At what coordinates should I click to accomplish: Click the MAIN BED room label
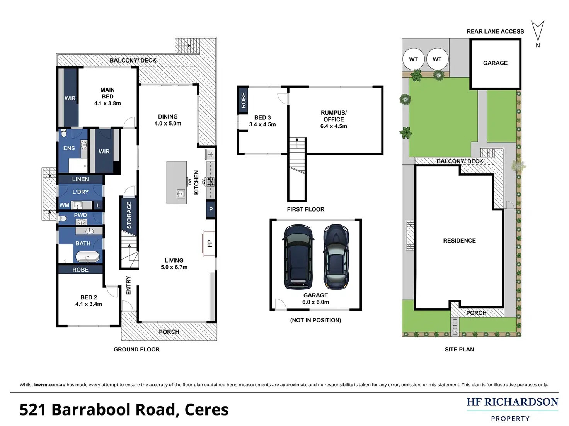point(107,93)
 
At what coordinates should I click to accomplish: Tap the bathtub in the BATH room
point(87,257)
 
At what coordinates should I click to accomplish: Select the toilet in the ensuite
point(63,134)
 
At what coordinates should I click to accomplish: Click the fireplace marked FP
point(209,243)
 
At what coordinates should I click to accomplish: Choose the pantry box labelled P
point(211,209)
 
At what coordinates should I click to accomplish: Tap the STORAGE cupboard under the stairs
point(129,215)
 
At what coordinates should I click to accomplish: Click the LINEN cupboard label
point(80,179)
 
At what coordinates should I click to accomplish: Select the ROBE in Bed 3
point(243,100)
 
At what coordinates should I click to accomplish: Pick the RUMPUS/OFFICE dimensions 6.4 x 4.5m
point(334,126)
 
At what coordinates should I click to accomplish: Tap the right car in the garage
point(336,256)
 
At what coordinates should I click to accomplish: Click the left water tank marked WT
point(414,59)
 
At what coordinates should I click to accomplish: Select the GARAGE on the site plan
point(496,64)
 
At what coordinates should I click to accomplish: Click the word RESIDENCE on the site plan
point(459,241)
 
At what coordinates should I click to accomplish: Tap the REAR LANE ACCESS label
point(495,31)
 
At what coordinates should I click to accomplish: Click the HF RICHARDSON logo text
point(513,402)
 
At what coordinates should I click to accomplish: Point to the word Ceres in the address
point(206,410)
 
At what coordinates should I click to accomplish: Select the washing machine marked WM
point(64,205)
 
